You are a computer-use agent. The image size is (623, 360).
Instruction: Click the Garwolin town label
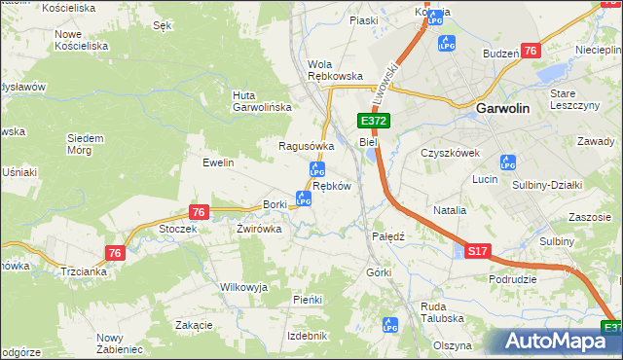(x=503, y=110)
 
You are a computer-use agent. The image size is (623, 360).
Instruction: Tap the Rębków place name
(x=331, y=185)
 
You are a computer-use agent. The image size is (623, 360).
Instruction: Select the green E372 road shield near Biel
(x=374, y=121)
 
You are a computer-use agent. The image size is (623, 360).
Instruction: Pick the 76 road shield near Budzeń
(x=531, y=51)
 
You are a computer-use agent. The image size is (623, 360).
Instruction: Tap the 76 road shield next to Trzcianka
(x=116, y=253)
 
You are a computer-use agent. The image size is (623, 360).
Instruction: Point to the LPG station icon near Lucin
(x=507, y=162)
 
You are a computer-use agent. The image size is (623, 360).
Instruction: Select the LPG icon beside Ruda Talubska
(x=390, y=324)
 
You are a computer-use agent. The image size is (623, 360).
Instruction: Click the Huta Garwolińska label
(x=257, y=101)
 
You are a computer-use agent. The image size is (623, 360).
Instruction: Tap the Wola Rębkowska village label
(x=335, y=70)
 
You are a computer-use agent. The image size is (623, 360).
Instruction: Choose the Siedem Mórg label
(x=86, y=144)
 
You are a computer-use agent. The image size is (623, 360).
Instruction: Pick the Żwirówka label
(x=259, y=230)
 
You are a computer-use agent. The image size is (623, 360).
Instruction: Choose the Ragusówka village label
(x=307, y=146)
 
